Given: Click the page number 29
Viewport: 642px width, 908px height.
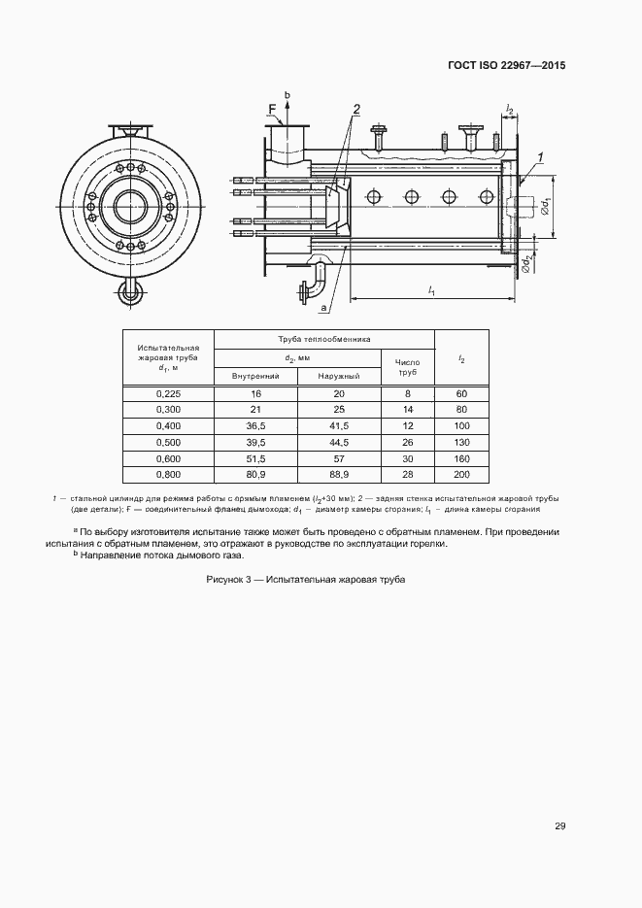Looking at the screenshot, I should tap(559, 825).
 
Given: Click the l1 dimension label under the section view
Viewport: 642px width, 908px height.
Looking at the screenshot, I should tap(431, 290).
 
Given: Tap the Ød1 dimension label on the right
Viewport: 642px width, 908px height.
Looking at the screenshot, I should tap(547, 206).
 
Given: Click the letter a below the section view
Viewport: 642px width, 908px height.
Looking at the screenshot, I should tap(321, 307).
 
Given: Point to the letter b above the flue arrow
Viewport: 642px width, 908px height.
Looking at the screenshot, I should tap(287, 94).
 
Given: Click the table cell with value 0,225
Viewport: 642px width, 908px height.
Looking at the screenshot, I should tap(168, 393).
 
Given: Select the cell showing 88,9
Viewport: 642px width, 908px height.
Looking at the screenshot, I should tap(339, 475).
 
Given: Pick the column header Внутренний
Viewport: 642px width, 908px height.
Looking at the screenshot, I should tap(255, 375).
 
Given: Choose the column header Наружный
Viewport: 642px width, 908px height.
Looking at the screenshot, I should tap(339, 375).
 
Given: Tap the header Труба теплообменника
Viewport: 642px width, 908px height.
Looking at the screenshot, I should tap(323, 339).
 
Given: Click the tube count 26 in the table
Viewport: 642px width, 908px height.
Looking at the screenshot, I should tap(408, 442).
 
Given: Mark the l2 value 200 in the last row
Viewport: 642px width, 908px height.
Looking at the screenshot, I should tap(461, 475).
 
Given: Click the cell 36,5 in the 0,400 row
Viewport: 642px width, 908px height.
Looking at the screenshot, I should tap(255, 425).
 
